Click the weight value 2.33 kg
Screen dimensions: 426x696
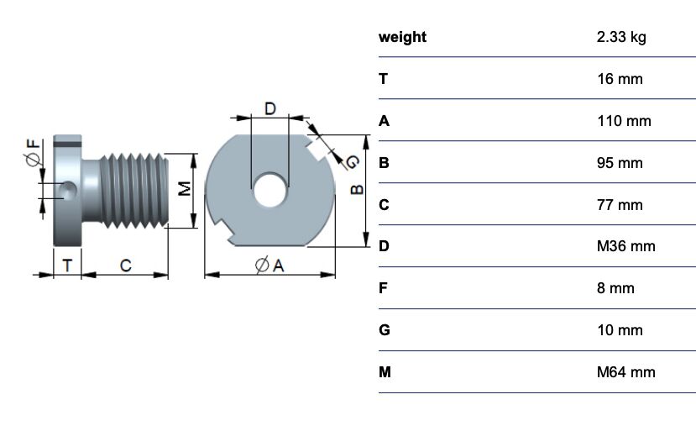(x=620, y=37)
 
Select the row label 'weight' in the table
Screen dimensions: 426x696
(x=403, y=37)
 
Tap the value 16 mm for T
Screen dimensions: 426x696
(x=619, y=79)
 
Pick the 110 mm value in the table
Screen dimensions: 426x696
(x=623, y=121)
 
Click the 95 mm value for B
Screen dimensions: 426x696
(x=619, y=163)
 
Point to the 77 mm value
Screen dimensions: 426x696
(x=619, y=205)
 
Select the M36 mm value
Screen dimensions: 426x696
(x=625, y=246)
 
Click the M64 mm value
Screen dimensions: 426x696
(x=625, y=372)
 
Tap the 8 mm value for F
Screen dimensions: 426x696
(x=615, y=288)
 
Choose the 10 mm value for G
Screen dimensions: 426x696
(x=619, y=330)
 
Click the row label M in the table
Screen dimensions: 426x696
(x=385, y=372)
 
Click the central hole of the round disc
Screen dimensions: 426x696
(x=270, y=190)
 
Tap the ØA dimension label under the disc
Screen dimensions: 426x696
(x=270, y=266)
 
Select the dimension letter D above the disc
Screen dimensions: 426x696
(x=270, y=108)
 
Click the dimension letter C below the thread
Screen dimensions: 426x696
(x=125, y=266)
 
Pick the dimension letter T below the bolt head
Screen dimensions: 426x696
(x=67, y=266)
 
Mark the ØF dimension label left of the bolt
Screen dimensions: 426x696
(x=33, y=155)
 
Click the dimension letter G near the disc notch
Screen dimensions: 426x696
(x=352, y=161)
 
